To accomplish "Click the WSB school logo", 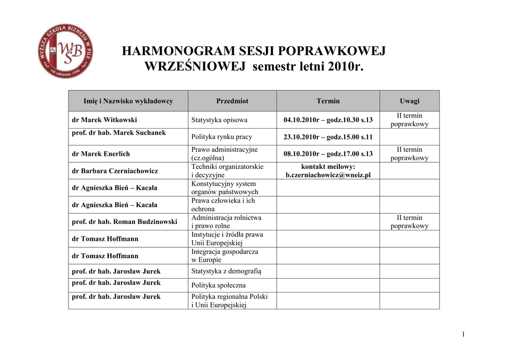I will click(x=65, y=51).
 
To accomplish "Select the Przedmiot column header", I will click(x=232, y=101).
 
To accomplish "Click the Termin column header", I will click(x=328, y=101).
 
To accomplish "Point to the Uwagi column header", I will click(x=409, y=101).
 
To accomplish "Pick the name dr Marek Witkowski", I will click(x=105, y=120).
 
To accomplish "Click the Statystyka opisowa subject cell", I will click(x=219, y=120).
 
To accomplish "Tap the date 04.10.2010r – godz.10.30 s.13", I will click(x=328, y=120).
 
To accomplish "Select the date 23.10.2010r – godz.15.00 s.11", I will click(x=328, y=137).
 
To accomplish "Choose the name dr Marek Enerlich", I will click(x=101, y=154).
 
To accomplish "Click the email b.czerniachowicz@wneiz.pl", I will click(x=328, y=175).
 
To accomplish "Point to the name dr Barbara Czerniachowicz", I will click(x=115, y=171).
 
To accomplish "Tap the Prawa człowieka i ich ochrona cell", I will click(x=223, y=205).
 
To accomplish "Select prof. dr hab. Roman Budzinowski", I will click(x=125, y=222).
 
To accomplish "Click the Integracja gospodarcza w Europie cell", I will click(x=225, y=256).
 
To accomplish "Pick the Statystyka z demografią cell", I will click(x=226, y=271).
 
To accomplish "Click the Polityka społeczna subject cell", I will click(x=219, y=286).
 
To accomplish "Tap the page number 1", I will click(x=463, y=334).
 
